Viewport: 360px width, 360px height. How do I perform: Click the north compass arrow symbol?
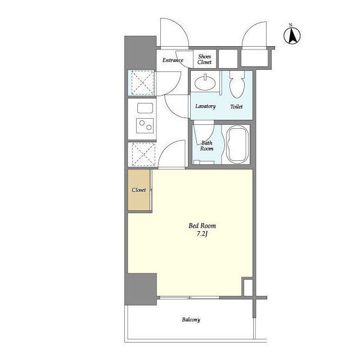coord(292,35)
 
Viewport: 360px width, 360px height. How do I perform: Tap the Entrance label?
coord(173,60)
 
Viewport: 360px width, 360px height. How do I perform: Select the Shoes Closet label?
coord(204,59)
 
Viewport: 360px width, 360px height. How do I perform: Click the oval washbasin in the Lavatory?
coord(205,82)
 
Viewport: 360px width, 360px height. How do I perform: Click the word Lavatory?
coord(205,106)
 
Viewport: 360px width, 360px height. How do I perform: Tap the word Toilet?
coord(236,106)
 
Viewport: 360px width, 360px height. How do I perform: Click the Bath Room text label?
coord(206,146)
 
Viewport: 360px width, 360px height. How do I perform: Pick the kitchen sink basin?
coord(145,108)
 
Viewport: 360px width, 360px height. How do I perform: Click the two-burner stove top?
coord(145,125)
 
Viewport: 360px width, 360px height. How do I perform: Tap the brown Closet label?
coord(139,190)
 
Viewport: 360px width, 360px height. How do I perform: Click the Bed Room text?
coord(202,226)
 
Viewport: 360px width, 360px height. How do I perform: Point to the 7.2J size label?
coord(202,234)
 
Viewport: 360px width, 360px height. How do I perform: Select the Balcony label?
coord(191,319)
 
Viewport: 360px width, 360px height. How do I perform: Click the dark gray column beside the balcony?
coord(141,289)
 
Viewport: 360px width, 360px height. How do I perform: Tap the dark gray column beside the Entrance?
coord(141,52)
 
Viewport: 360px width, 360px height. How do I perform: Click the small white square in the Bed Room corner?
coord(248,287)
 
